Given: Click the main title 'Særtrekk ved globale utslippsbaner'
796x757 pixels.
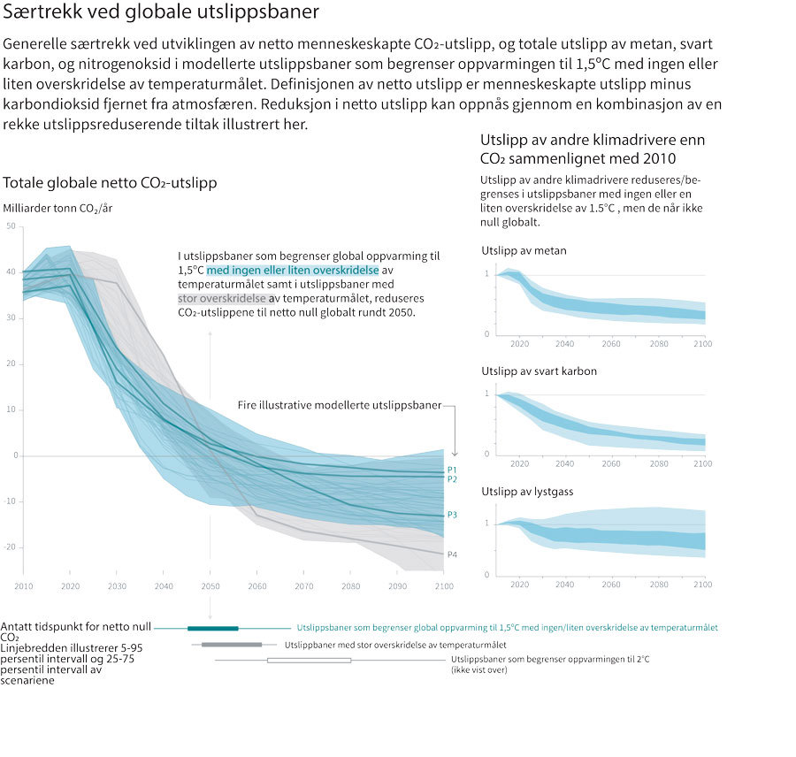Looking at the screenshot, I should click(162, 14).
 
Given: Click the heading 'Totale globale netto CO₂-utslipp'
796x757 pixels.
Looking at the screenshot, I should click(111, 183).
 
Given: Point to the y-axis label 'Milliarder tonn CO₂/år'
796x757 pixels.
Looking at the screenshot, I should click(58, 209).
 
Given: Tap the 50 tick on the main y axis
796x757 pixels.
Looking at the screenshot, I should click(11, 226).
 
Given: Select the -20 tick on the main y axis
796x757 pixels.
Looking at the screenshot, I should click(10, 547).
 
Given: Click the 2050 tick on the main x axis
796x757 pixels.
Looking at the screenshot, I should click(210, 586).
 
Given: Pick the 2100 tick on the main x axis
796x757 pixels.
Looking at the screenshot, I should click(443, 586).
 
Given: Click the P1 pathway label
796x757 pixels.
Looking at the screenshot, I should click(452, 470).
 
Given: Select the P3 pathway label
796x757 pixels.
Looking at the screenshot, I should click(452, 515).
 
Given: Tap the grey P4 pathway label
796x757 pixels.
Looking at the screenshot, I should click(452, 554).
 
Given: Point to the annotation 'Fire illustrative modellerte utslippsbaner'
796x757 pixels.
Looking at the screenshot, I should click(340, 405).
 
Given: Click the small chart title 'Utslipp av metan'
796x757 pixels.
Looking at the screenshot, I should click(524, 251).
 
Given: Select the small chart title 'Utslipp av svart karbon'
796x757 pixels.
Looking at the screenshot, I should click(540, 371).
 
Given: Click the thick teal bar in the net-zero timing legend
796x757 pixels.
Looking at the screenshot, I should click(212, 628).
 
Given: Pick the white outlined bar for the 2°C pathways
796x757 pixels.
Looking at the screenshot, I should click(309, 661).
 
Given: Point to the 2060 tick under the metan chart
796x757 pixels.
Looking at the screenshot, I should click(610, 343).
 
